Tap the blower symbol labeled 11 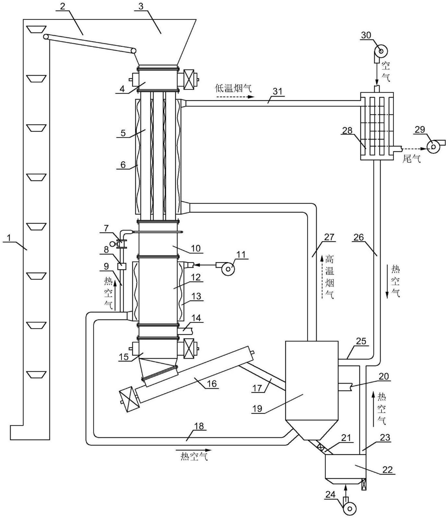coord(227,269)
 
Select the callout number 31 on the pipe coord(277,92)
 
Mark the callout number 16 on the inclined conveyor coord(211,383)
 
